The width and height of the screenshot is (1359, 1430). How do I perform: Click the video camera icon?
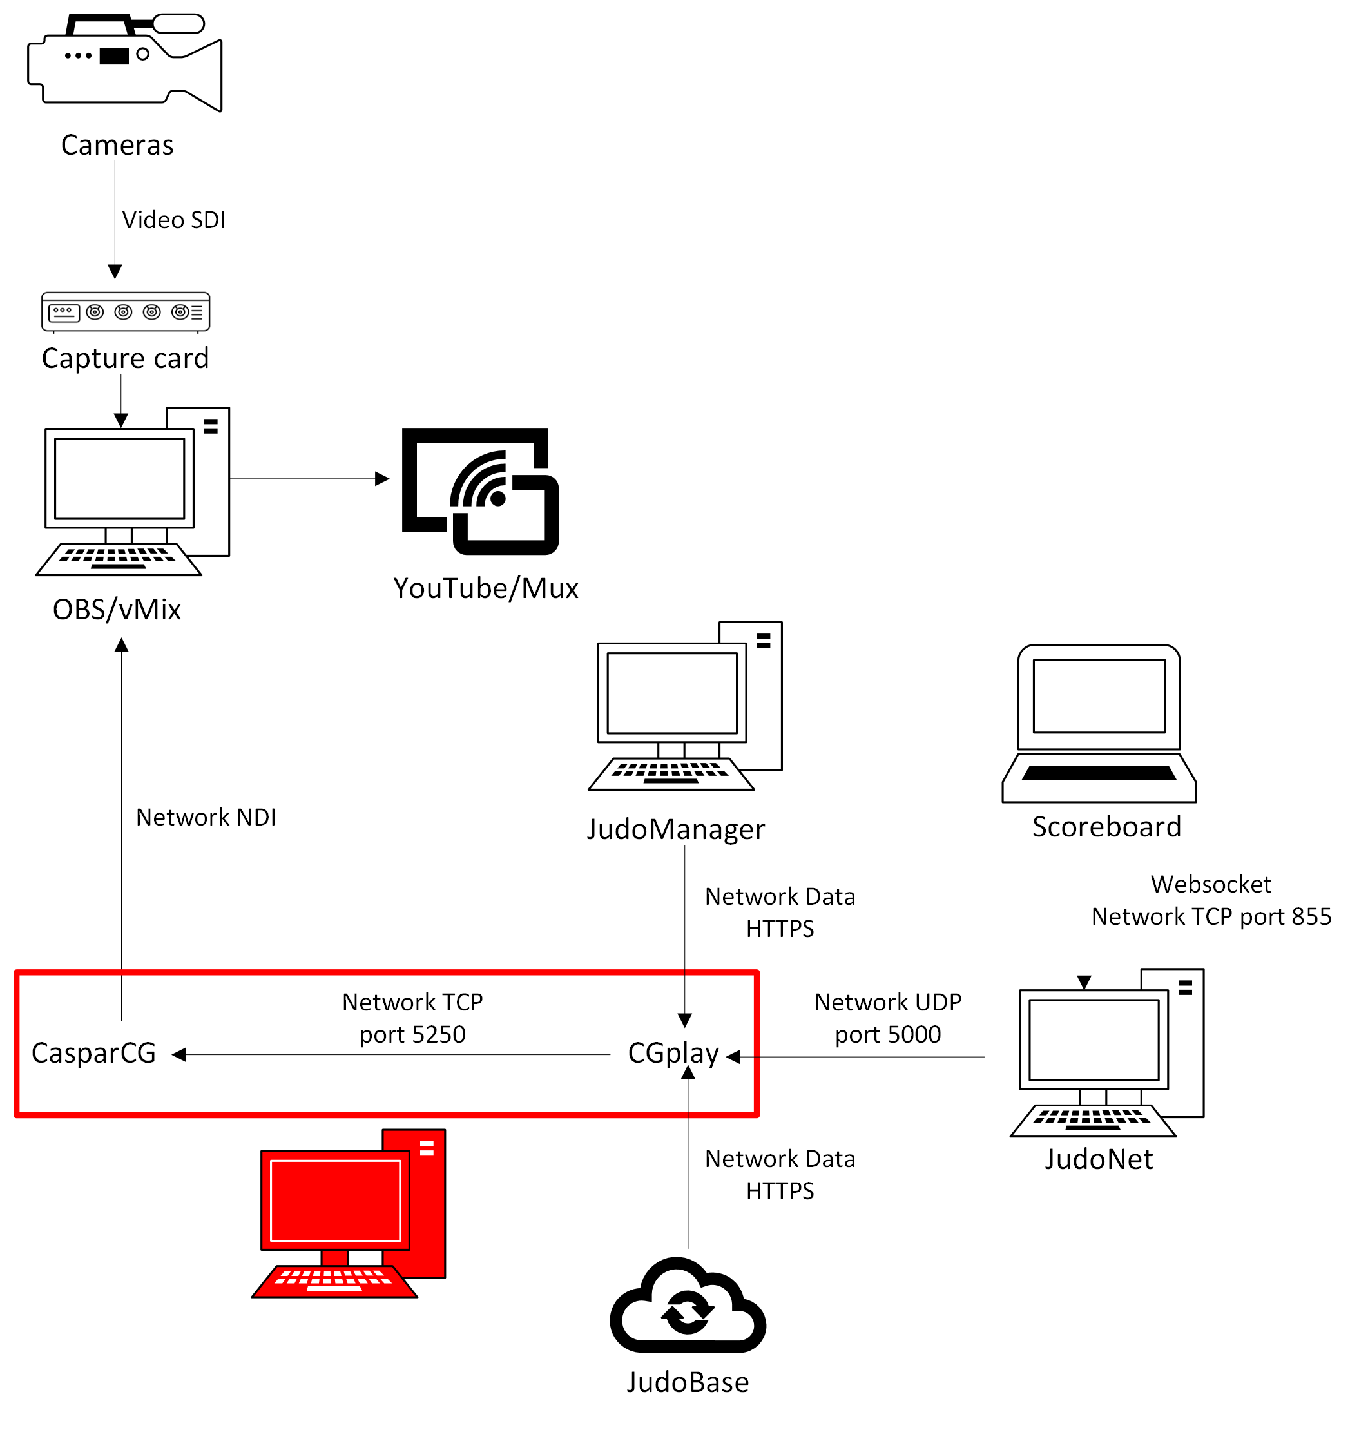(x=124, y=63)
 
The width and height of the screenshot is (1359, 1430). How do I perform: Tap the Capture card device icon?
(x=125, y=312)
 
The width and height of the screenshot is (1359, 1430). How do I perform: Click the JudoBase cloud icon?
(x=688, y=1305)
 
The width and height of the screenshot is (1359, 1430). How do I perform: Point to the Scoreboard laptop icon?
(x=1099, y=723)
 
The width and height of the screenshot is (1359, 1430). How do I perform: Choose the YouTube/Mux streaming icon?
(x=480, y=491)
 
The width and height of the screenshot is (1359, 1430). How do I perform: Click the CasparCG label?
(x=94, y=1052)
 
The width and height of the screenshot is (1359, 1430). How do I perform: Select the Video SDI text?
(x=174, y=220)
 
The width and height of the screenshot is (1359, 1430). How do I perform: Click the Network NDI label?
(x=206, y=817)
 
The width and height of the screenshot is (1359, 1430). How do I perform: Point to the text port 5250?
(x=413, y=1034)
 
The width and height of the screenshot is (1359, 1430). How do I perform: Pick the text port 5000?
(x=888, y=1034)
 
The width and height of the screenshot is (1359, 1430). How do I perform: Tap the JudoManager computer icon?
(x=685, y=706)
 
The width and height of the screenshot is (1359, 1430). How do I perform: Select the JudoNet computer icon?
(x=1108, y=1052)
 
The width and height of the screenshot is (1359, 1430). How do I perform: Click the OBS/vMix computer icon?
(x=133, y=491)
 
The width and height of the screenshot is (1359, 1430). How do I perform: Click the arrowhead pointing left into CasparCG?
(x=179, y=1055)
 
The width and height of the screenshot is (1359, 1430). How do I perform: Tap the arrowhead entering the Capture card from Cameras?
(x=115, y=272)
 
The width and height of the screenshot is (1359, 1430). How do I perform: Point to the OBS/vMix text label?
(x=117, y=609)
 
